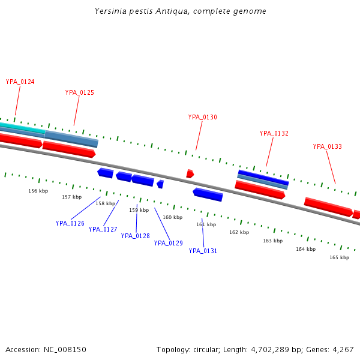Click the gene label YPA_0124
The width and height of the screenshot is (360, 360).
pyautogui.click(x=20, y=82)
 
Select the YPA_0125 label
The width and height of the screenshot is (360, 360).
pyautogui.click(x=79, y=92)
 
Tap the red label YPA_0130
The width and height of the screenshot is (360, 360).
pyautogui.click(x=202, y=117)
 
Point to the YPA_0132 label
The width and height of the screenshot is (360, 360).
pyautogui.click(x=274, y=133)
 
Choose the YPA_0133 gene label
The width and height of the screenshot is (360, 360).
pyautogui.click(x=327, y=146)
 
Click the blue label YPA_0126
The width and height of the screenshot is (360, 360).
pyautogui.click(x=70, y=223)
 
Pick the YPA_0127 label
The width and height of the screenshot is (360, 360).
pyautogui.click(x=103, y=229)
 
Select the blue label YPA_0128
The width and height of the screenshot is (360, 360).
pyautogui.click(x=135, y=236)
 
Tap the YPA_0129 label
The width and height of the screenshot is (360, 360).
pyautogui.click(x=168, y=243)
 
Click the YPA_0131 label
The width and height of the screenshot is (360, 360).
pyautogui.click(x=203, y=251)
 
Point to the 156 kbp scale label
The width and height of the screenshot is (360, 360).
pyautogui.click(x=38, y=191)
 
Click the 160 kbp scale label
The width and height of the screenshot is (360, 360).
pyautogui.click(x=172, y=217)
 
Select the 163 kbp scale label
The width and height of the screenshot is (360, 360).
pyautogui.click(x=272, y=241)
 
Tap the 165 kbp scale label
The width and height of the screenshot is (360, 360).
pyautogui.click(x=339, y=257)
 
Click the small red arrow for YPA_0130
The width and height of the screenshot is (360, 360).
pyautogui.click(x=190, y=173)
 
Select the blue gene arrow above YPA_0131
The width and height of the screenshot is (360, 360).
pyautogui.click(x=208, y=194)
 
